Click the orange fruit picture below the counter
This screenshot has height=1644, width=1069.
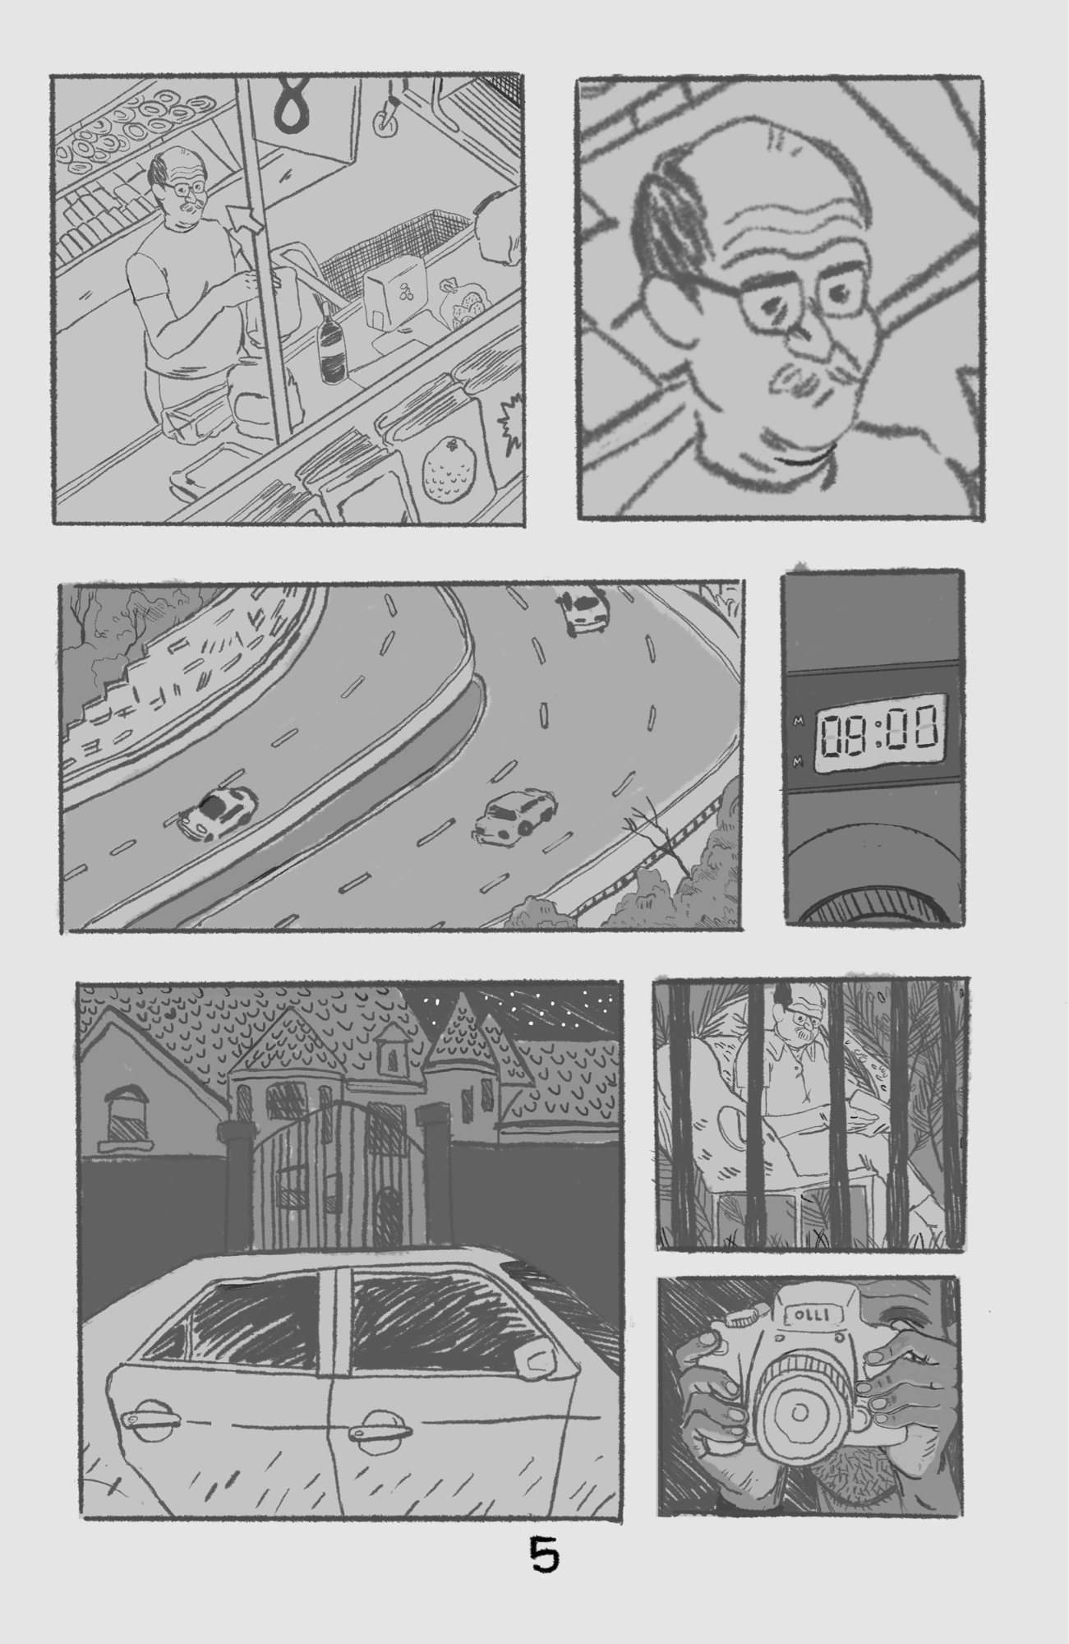click(x=443, y=475)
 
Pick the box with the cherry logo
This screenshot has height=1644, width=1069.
click(x=392, y=303)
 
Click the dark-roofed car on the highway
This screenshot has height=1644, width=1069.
click(x=216, y=812)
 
